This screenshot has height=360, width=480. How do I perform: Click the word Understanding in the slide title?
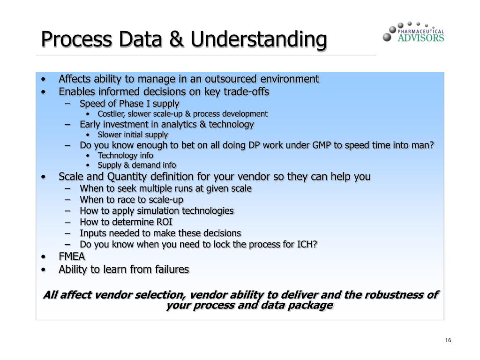click(259, 40)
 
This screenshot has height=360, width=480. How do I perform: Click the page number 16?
click(448, 340)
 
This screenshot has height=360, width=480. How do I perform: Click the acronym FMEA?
click(72, 257)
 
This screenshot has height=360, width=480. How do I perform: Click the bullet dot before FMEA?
click(44, 257)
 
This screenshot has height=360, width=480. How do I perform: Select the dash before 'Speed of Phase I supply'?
click(69, 103)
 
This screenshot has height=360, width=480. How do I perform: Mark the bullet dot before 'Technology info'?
click(89, 156)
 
